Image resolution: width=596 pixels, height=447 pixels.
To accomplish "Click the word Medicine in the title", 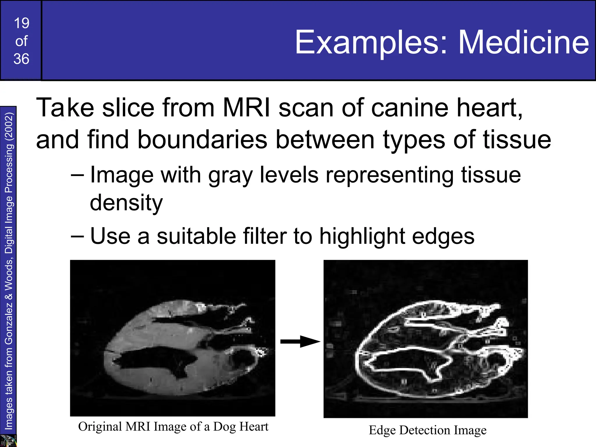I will coord(524,42).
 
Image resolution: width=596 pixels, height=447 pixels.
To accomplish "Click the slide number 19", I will coord(22,23).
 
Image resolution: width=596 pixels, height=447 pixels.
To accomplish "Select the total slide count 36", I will coord(21,59).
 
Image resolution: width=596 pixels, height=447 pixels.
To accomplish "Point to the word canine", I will coord(410,108).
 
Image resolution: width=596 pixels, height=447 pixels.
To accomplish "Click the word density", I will coord(126,203).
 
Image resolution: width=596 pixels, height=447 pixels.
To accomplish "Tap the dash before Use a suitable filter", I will coord(77,236).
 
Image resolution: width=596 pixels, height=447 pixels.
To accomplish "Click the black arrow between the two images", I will coord(300,341).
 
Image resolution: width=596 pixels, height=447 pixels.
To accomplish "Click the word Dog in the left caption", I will coord(224,427).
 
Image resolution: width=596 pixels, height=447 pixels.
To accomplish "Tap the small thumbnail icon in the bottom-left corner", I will coord(8,441).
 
